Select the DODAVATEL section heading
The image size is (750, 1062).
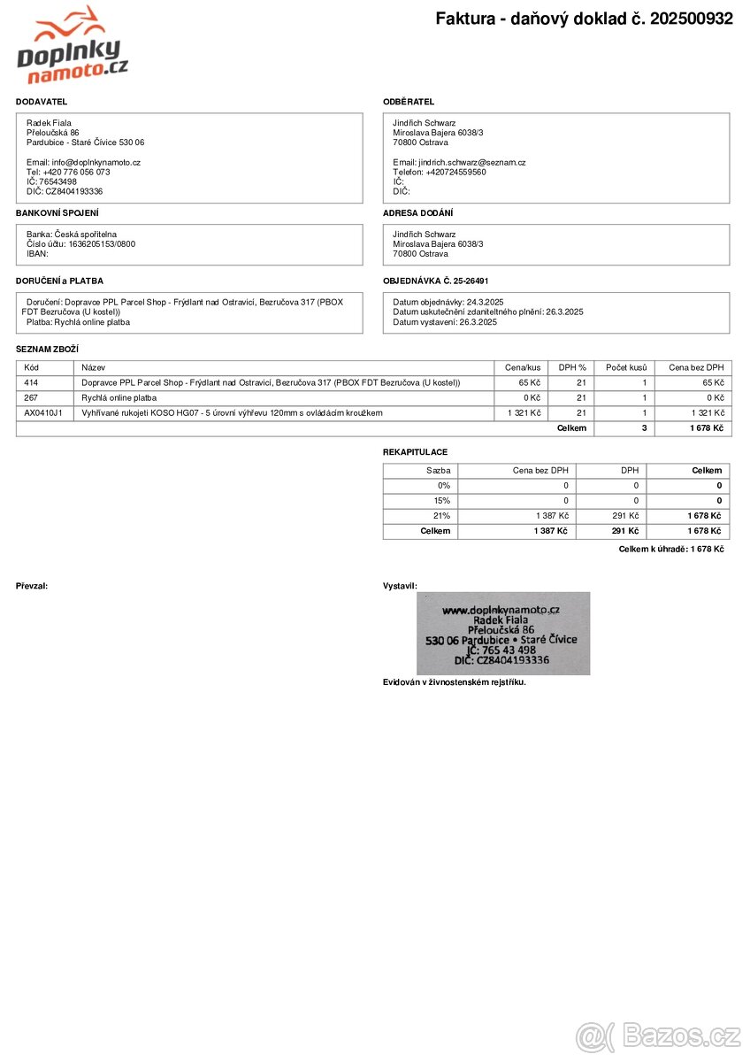42,102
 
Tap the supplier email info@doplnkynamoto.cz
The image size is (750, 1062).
83,162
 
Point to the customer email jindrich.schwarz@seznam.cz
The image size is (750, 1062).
460,162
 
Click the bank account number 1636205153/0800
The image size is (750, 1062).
102,243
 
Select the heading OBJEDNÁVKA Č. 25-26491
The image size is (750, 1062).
436,281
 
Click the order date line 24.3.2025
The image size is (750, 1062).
448,302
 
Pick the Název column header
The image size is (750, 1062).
93,367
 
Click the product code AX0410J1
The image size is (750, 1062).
43,413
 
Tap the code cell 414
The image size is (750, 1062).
32,382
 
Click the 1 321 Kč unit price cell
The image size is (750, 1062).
524,413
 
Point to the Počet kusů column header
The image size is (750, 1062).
625,367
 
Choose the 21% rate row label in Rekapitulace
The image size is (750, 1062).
441,516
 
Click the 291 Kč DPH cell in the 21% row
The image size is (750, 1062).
624,516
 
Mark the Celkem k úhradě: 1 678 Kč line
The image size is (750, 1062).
671,550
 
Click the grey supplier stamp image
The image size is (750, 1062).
502,634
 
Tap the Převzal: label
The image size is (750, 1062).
32,586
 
